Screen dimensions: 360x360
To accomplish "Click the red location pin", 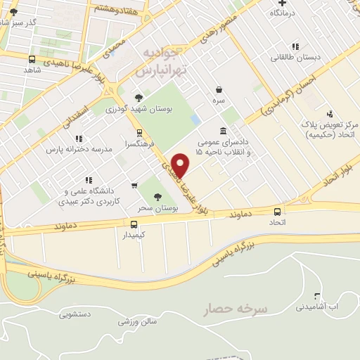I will click(x=181, y=165).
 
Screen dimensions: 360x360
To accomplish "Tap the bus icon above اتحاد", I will click(x=277, y=212).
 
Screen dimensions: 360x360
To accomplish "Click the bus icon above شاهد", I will click(x=32, y=60).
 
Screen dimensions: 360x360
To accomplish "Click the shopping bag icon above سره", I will click(x=220, y=90).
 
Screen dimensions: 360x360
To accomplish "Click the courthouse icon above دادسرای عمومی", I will click(x=223, y=130).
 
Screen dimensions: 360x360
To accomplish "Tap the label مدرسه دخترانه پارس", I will click(x=75, y=150).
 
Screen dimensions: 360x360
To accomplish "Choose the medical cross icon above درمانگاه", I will click(x=282, y=4).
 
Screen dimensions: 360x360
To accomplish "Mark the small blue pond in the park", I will click(x=195, y=121).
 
